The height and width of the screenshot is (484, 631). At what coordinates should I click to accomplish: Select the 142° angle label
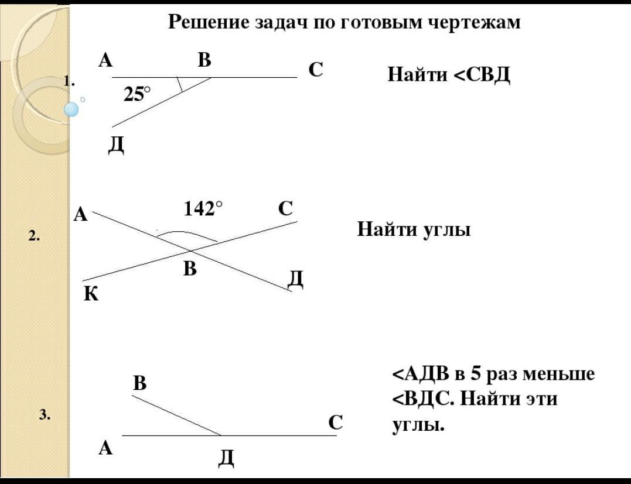coord(203,208)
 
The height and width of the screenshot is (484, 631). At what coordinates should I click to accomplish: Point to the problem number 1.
coord(70,81)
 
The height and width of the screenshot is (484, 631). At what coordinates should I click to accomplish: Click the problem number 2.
coord(34,236)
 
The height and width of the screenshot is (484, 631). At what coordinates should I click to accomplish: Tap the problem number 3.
coord(45,416)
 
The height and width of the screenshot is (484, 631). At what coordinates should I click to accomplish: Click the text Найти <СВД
coord(449,75)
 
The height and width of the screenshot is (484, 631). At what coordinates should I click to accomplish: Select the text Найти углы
coord(414,229)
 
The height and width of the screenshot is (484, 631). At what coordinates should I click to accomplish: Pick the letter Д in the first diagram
coord(116,143)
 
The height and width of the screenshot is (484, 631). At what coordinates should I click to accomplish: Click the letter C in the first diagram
coord(316,70)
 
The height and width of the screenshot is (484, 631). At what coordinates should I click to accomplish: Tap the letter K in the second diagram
coord(91,293)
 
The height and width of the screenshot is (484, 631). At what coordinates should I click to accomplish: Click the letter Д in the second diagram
coord(296,280)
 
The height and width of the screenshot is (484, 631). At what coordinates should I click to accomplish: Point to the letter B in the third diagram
coord(139,383)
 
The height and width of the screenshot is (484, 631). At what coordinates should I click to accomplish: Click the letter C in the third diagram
coord(335,422)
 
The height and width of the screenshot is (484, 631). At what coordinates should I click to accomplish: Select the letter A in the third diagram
coord(105,448)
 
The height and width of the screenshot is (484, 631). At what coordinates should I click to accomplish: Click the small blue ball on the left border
coord(71,109)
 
